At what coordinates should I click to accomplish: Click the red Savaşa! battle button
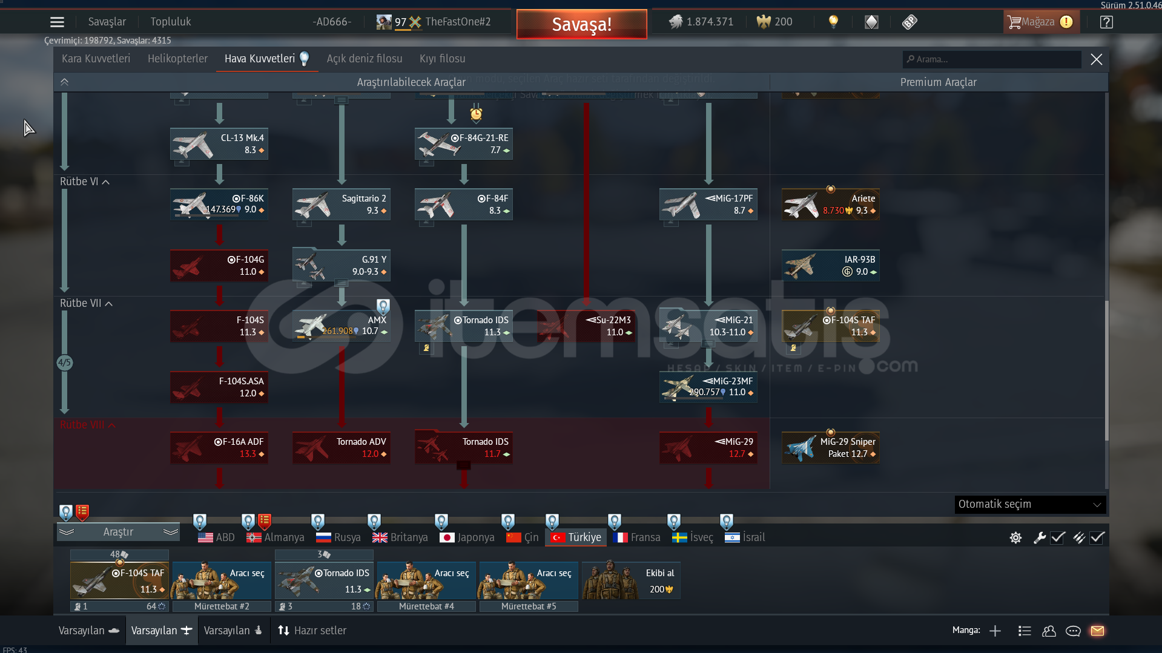pos(581,24)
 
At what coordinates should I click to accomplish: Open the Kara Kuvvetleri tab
pos(96,59)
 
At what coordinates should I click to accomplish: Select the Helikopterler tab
pos(177,59)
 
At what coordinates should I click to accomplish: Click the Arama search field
pos(993,59)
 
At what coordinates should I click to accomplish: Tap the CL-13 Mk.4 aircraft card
pos(219,144)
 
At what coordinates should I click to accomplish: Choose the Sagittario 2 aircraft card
pos(342,205)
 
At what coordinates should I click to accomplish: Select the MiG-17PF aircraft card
pos(708,205)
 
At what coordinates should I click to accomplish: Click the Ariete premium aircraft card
pos(831,205)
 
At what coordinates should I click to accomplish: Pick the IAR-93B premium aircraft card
pos(831,266)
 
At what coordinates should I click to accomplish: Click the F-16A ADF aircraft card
pos(219,448)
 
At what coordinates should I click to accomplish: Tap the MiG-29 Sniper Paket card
pos(831,448)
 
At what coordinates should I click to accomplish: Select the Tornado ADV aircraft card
pos(342,448)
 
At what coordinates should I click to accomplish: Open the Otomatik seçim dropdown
pos(1029,504)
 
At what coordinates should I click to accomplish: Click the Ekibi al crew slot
pos(631,580)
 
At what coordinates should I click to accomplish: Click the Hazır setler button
pos(312,631)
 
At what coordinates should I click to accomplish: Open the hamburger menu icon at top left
pos(57,22)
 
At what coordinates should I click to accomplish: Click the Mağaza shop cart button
pos(1040,22)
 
